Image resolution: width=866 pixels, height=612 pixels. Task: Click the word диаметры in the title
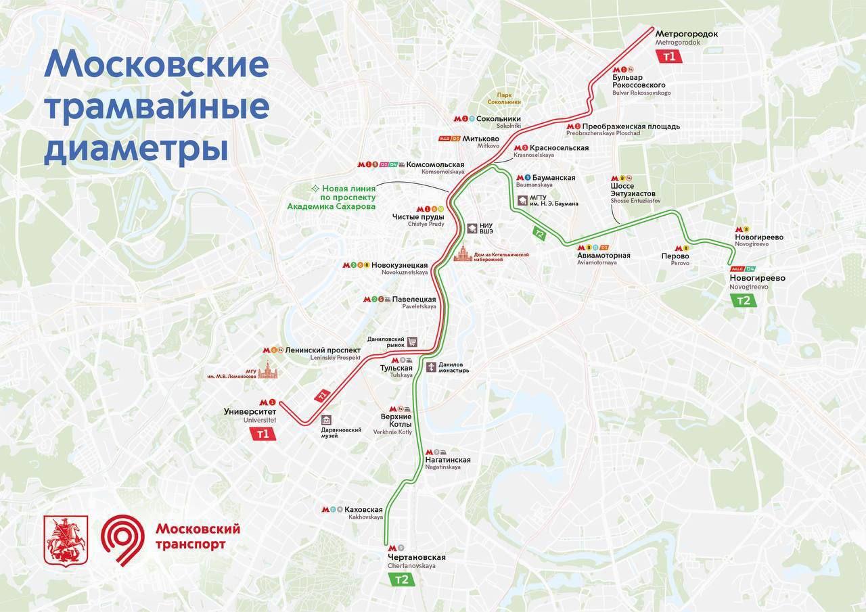(x=135, y=148)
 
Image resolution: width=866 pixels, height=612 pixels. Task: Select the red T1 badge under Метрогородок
(x=669, y=57)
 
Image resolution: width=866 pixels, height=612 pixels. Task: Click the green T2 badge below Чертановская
(x=402, y=580)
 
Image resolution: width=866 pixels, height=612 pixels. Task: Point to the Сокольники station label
(x=499, y=118)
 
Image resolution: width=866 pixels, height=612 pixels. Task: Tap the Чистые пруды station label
(x=418, y=217)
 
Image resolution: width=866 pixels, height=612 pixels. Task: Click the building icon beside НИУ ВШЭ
(x=470, y=229)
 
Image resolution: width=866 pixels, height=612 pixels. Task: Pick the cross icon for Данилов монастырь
(x=431, y=367)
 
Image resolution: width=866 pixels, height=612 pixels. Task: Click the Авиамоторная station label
(x=603, y=256)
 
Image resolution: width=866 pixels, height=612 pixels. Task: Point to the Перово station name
(x=675, y=256)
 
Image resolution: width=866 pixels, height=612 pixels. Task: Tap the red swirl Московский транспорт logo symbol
(x=122, y=538)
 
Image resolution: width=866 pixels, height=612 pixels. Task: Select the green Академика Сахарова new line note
(x=344, y=197)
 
